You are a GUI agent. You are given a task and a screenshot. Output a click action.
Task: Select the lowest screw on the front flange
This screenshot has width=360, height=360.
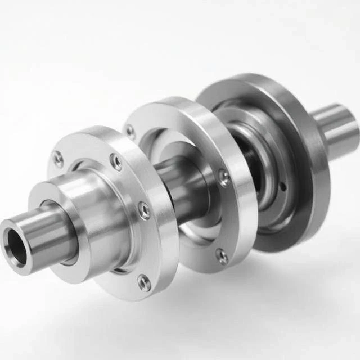[x=145, y=282]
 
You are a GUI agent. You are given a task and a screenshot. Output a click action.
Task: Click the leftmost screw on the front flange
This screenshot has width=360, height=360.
[x=58, y=159]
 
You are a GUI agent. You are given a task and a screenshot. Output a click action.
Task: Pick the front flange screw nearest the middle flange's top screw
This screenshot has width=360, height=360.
[x=116, y=163]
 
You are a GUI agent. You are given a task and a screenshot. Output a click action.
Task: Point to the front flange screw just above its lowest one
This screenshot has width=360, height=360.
[x=144, y=211]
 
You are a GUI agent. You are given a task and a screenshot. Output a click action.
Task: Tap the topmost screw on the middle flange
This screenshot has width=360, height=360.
[x=130, y=132]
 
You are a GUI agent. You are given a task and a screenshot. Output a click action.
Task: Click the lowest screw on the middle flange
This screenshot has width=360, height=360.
[x=223, y=257]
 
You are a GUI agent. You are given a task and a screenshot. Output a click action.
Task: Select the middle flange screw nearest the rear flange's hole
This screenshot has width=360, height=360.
[x=224, y=178]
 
